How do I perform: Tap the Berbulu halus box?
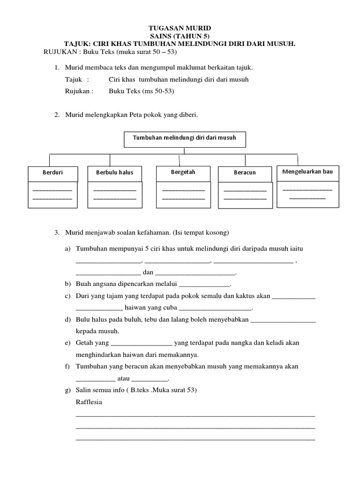click(114, 172)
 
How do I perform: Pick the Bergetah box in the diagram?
click(183, 172)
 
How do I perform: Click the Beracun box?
click(245, 173)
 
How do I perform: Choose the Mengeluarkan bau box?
click(307, 172)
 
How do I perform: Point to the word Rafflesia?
click(89, 402)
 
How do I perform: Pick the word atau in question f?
click(124, 378)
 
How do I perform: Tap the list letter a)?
click(68, 248)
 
